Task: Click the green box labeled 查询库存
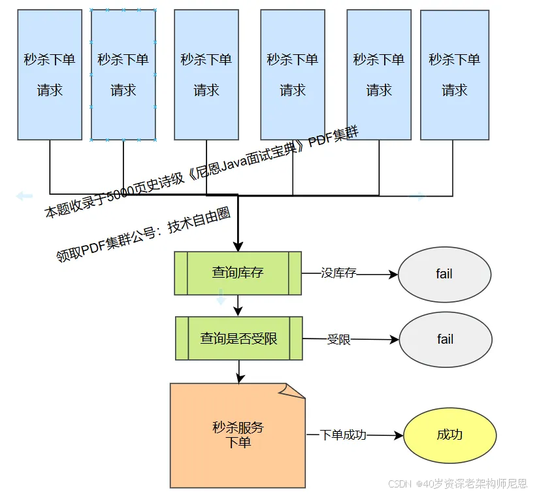pyautogui.click(x=237, y=272)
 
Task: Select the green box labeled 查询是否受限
pyautogui.click(x=238, y=338)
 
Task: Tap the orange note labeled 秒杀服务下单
pyautogui.click(x=238, y=435)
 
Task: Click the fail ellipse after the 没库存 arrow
pyautogui.click(x=444, y=274)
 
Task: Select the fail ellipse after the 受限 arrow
pyautogui.click(x=445, y=340)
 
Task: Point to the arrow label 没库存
pyautogui.click(x=338, y=273)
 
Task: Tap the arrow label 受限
pyautogui.click(x=338, y=339)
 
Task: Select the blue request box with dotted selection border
pyautogui.click(x=123, y=74)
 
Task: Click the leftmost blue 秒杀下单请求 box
pyautogui.click(x=50, y=74)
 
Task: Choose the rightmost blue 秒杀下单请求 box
pyautogui.click(x=454, y=74)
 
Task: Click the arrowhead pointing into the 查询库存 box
pyautogui.click(x=238, y=246)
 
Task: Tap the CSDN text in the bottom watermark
pyautogui.click(x=399, y=484)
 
